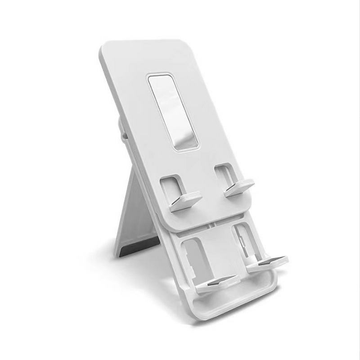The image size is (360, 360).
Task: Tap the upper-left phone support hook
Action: click(186, 200)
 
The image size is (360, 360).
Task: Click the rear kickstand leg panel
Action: click(137, 216)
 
